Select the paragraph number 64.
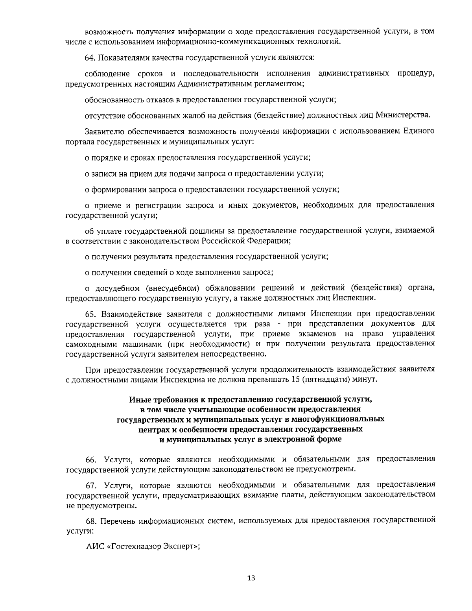tap(90, 57)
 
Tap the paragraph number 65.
tap(91, 314)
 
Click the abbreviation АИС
tap(94, 547)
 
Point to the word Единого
tap(419, 131)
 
